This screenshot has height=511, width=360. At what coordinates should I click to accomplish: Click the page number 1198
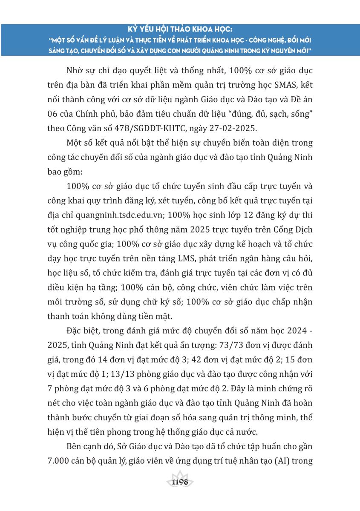[179, 482]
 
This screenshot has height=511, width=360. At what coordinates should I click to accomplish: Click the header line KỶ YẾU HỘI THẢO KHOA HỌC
[180, 30]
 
